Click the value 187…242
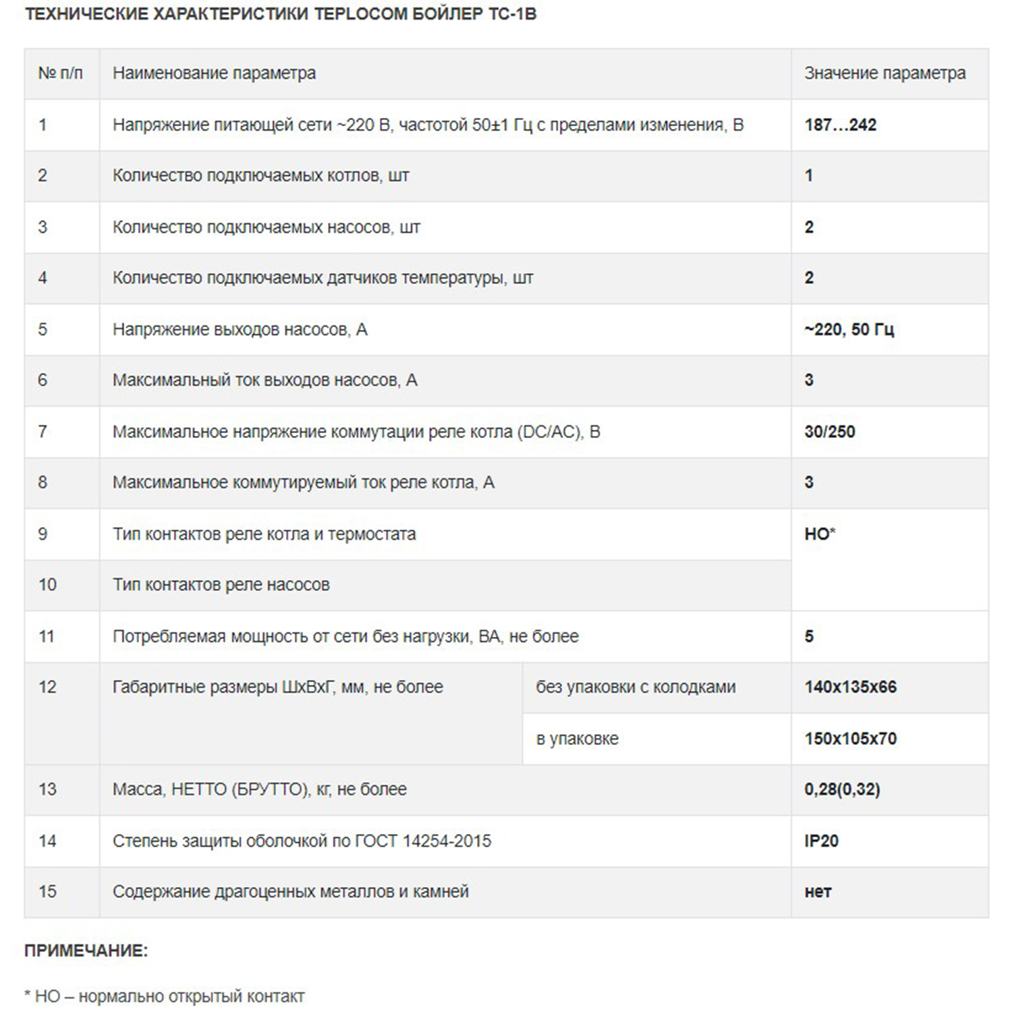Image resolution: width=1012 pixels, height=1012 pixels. click(x=840, y=125)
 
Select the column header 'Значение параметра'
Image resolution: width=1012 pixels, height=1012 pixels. click(x=884, y=73)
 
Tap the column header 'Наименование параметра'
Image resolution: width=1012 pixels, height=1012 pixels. click(x=214, y=73)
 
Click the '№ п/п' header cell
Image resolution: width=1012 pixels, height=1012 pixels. click(x=61, y=73)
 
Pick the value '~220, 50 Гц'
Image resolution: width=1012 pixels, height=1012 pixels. click(x=849, y=329)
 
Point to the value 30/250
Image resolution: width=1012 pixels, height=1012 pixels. click(x=829, y=432)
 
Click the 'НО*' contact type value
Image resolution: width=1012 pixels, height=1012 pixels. click(x=820, y=534)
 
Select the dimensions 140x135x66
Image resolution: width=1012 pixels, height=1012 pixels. click(x=850, y=687)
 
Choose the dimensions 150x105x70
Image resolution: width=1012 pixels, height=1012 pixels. click(x=850, y=739)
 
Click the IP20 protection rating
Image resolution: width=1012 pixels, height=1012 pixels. click(x=821, y=841)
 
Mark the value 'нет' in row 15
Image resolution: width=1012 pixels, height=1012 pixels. click(x=818, y=892)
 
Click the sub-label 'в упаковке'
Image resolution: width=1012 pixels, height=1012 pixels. click(x=577, y=739)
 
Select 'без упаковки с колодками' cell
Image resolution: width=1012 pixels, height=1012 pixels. click(x=636, y=687)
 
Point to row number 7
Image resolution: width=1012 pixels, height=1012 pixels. click(x=43, y=432)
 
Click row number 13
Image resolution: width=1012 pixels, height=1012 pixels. click(x=47, y=789)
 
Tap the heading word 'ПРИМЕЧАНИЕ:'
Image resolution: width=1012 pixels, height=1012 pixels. click(x=86, y=951)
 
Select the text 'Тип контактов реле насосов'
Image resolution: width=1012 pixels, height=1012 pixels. click(x=221, y=584)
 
